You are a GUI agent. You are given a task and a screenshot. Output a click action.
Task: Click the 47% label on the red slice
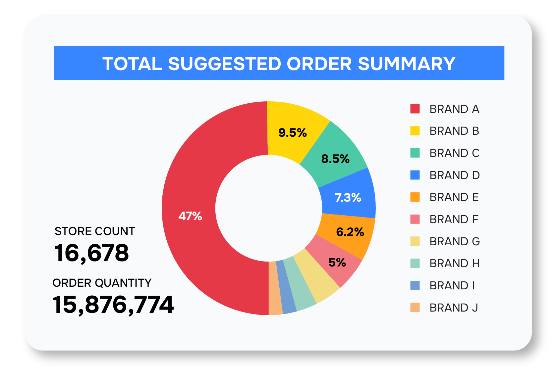click(190, 216)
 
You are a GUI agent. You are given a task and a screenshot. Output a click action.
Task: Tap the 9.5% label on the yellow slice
click(292, 133)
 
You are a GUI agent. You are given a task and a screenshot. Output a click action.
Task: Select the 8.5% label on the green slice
click(335, 159)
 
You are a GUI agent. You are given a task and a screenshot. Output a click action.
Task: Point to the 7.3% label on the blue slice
click(348, 198)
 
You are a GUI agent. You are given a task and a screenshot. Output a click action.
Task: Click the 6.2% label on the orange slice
click(350, 232)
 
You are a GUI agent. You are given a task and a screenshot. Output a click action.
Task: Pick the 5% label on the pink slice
click(337, 263)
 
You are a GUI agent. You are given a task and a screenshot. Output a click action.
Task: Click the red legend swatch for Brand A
click(415, 109)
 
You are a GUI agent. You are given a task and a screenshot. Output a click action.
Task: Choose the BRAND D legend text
click(454, 175)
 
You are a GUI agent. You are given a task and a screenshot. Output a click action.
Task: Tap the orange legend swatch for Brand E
click(415, 197)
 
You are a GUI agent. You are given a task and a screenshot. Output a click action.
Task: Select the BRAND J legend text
click(454, 308)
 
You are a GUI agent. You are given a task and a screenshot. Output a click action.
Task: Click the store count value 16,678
click(91, 253)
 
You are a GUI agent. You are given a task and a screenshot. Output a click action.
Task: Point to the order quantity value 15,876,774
click(113, 305)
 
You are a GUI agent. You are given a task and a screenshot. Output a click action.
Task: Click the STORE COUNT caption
click(95, 231)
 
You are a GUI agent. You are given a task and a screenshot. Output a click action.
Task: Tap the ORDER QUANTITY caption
click(102, 283)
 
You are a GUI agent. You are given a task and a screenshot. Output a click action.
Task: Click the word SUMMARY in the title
click(407, 64)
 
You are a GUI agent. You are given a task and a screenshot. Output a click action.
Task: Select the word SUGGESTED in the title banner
click(224, 64)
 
